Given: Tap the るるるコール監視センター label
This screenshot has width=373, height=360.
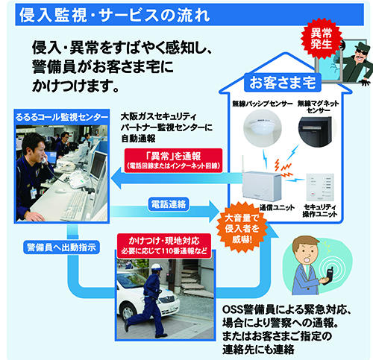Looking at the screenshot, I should pyautogui.click(x=60, y=117).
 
